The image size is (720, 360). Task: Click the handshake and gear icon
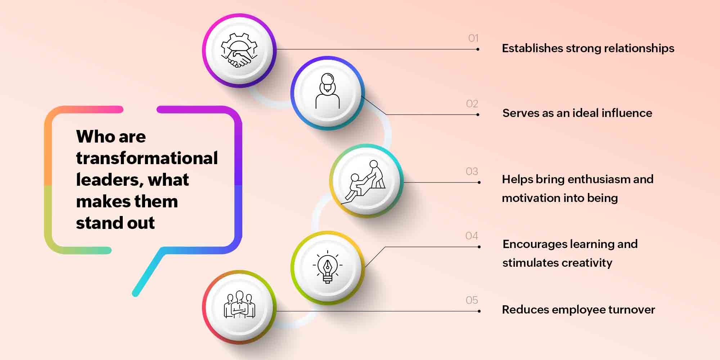click(239, 50)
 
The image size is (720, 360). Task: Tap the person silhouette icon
click(328, 91)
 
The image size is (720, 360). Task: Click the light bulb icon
click(328, 267)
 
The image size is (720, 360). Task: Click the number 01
click(473, 38)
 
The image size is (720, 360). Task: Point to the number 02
click(472, 104)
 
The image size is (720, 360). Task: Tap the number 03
click(472, 171)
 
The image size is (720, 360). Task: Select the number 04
click(472, 236)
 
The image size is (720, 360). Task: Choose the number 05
click(472, 300)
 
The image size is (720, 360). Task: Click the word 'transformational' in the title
click(147, 158)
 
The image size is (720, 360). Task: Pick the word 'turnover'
click(632, 310)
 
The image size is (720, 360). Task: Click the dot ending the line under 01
click(478, 49)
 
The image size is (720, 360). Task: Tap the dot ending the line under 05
click(479, 311)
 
